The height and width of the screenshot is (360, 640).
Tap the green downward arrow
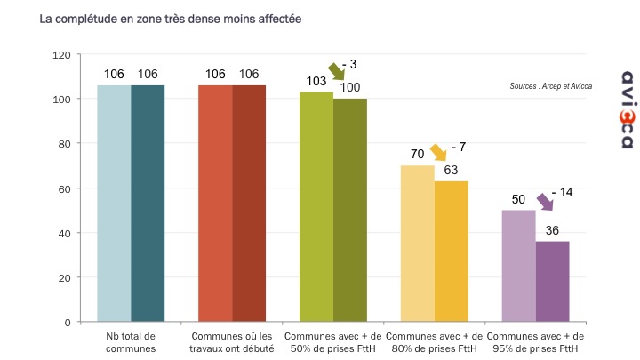tap(339, 72)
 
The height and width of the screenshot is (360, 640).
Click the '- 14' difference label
tap(564, 192)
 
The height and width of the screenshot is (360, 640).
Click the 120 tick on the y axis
tap(60, 54)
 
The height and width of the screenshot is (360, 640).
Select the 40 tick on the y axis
tap(64, 233)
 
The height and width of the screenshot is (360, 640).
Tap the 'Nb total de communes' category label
tap(131, 342)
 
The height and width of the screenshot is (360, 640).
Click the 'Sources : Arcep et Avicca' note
tap(551, 86)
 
